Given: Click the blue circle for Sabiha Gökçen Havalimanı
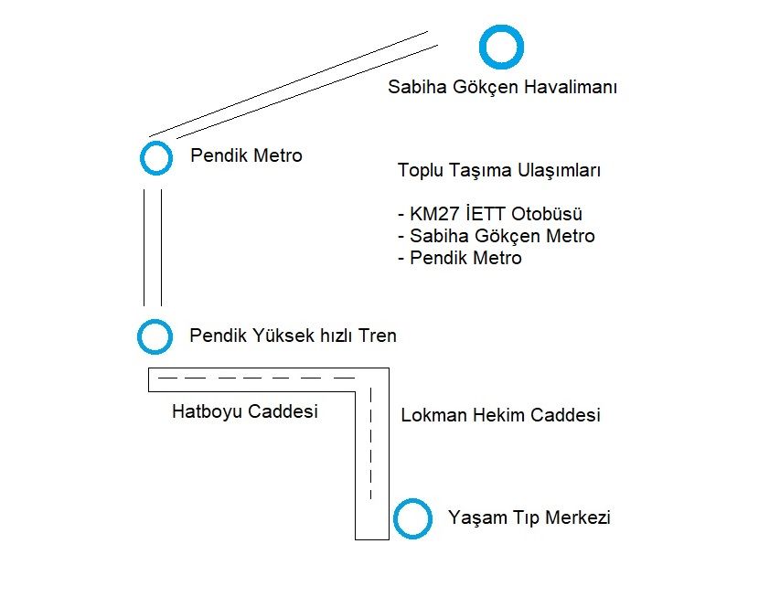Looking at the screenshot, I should tap(501, 47).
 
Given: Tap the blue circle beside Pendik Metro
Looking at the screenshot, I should tap(156, 157).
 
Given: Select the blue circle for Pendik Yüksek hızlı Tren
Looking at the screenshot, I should tap(155, 336).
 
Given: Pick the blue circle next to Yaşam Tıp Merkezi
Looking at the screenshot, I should tap(412, 518).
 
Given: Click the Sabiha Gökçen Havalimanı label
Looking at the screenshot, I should tap(503, 88).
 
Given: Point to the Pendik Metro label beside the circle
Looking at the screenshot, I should tap(246, 155).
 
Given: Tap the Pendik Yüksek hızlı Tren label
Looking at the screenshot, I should tap(293, 336).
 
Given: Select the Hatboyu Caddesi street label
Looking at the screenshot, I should tap(244, 411).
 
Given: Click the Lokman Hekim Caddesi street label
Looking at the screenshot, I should tap(500, 415).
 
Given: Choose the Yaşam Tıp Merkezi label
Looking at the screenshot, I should tap(529, 517).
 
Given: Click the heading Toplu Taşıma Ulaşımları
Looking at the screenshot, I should tap(499, 171).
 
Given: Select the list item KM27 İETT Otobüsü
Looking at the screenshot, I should tap(490, 214).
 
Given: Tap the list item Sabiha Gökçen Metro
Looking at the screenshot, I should tap(496, 236).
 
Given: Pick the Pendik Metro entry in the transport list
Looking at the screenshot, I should tap(460, 258).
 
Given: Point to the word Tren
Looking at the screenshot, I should tap(378, 336).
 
